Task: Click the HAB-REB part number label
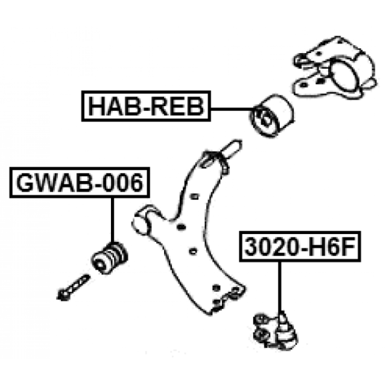tap(146, 106)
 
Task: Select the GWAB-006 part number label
tap(80, 182)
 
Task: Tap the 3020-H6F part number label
tap(300, 247)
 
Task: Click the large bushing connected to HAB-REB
tap(271, 115)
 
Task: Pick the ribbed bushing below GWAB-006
tap(110, 258)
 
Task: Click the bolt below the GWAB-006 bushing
tap(73, 288)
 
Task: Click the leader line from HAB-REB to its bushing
tap(233, 108)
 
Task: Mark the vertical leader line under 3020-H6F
tap(279, 287)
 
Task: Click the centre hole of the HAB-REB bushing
tap(265, 120)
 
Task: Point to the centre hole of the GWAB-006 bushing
tap(100, 265)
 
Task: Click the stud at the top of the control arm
tap(231, 149)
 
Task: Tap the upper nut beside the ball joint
tap(261, 320)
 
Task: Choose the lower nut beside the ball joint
tap(261, 334)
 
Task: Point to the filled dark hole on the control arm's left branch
tap(181, 227)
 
